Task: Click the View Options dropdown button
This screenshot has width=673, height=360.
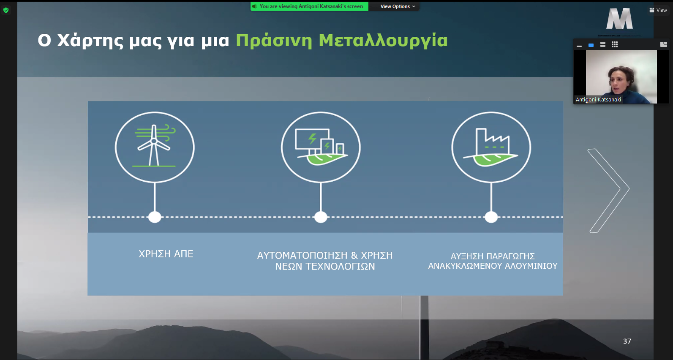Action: pyautogui.click(x=398, y=6)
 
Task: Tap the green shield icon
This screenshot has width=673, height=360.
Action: pyautogui.click(x=6, y=11)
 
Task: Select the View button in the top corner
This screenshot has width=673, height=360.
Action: pyautogui.click(x=658, y=10)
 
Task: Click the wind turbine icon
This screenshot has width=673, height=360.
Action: pyautogui.click(x=155, y=146)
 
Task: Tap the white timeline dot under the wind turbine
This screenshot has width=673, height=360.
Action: pyautogui.click(x=155, y=217)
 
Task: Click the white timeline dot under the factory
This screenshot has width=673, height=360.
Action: pyautogui.click(x=491, y=217)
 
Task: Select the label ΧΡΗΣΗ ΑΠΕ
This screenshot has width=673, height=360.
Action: pyautogui.click(x=166, y=254)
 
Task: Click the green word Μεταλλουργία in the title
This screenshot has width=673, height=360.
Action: pyautogui.click(x=383, y=41)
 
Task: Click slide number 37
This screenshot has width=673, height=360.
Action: pyautogui.click(x=627, y=341)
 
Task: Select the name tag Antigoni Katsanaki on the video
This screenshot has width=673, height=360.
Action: pyautogui.click(x=598, y=99)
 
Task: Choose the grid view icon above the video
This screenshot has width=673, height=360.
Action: pyautogui.click(x=615, y=45)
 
